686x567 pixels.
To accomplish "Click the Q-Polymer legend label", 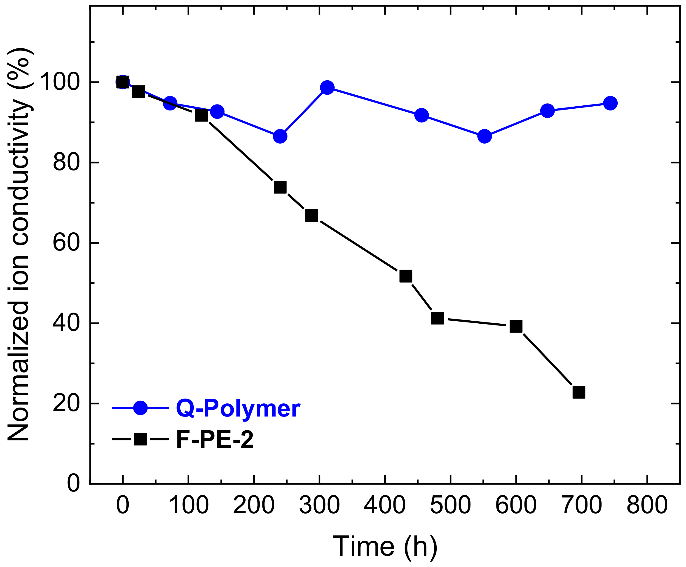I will pyautogui.click(x=238, y=408).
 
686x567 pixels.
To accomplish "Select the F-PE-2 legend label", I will pyautogui.click(x=215, y=440).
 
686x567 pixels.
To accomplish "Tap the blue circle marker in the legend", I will pyautogui.click(x=140, y=408).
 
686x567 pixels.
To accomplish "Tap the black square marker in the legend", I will pyautogui.click(x=140, y=439).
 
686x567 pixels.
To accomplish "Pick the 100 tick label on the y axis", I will pyautogui.click(x=60, y=82).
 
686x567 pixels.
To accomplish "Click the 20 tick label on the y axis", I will pyautogui.click(x=66, y=403).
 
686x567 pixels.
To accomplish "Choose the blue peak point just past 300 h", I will pyautogui.click(x=327, y=87).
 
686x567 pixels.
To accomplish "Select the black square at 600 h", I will pyautogui.click(x=516, y=326).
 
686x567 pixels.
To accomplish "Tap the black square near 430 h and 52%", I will pyautogui.click(x=405, y=276).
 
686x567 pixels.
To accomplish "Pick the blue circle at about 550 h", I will pyautogui.click(x=484, y=136).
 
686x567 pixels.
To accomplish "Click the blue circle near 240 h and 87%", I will pyautogui.click(x=280, y=136).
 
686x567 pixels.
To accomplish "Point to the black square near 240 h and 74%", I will pyautogui.click(x=280, y=187).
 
